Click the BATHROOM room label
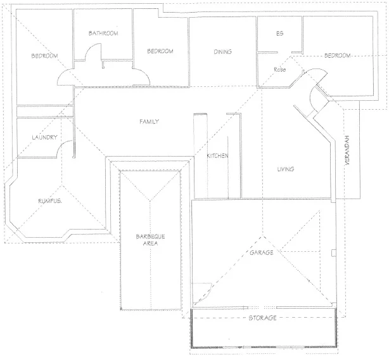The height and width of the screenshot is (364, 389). point(104,33)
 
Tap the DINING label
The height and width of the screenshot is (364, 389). point(222,52)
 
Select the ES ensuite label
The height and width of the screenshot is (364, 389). point(279,34)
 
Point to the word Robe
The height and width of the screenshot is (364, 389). point(281,68)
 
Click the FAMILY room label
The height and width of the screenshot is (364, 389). point(149,122)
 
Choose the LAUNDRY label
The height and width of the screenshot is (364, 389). point(44,137)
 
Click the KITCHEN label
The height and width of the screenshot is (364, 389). point(218,156)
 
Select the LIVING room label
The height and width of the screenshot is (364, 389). point(286,169)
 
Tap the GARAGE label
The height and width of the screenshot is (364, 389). point(261,253)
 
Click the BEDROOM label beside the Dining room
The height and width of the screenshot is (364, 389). point(160,51)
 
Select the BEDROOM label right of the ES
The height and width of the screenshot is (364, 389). point(337,56)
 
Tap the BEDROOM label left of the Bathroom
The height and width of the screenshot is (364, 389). point(44,56)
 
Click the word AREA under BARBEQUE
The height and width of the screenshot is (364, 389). point(150,243)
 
